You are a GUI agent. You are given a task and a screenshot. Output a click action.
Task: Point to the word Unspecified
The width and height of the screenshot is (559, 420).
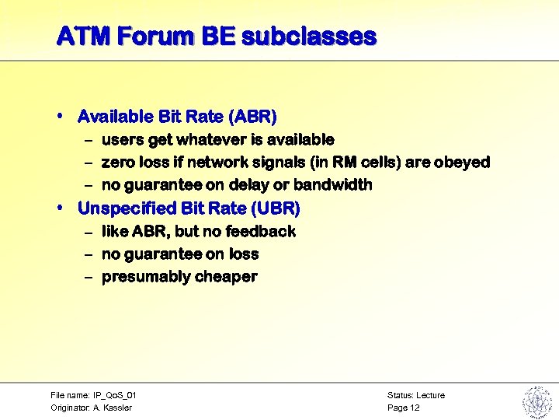[x=127, y=208]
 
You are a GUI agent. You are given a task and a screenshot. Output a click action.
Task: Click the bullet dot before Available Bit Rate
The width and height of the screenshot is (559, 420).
[x=61, y=116]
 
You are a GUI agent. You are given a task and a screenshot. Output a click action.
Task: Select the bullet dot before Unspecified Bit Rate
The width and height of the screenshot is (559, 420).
[x=61, y=208]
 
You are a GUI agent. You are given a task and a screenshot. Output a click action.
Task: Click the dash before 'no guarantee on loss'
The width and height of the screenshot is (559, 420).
[x=89, y=254]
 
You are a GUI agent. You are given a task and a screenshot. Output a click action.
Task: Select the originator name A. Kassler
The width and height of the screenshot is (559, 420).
[x=113, y=408]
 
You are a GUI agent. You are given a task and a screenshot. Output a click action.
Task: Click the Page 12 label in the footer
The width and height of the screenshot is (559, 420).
[x=403, y=408]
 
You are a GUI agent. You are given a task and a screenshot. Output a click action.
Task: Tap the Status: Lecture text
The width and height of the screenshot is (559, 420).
[x=415, y=395]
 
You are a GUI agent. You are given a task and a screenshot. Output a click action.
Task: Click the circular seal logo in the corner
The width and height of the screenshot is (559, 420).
[x=536, y=401]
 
